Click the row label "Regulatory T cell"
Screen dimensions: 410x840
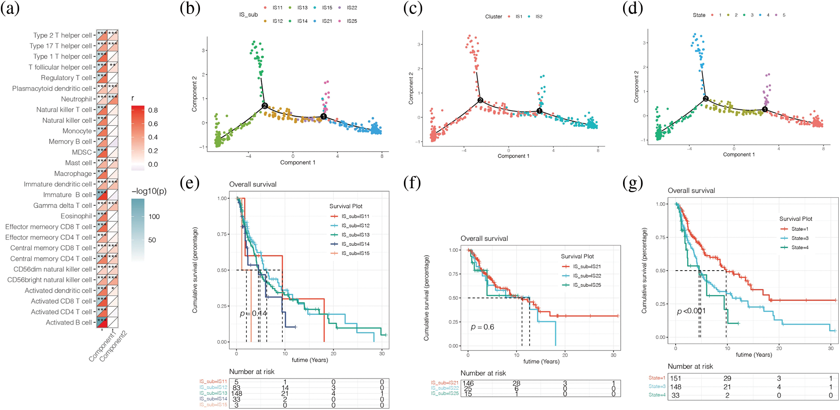pyautogui.click(x=66, y=78)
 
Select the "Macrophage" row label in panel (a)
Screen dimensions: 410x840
pyautogui.click(x=73, y=173)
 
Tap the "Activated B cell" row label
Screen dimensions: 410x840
pyautogui.click(x=69, y=322)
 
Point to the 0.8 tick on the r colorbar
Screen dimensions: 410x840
pyautogui.click(x=152, y=110)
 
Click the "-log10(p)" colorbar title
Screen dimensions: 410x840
pyautogui.click(x=149, y=191)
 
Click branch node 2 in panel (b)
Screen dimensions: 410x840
pyautogui.click(x=264, y=106)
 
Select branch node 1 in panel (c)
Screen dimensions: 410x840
pyautogui.click(x=539, y=111)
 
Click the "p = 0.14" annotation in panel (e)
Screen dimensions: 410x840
pyautogui.click(x=254, y=313)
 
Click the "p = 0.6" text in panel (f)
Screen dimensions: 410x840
pyautogui.click(x=482, y=327)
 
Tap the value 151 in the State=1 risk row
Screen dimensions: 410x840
pyautogui.click(x=675, y=378)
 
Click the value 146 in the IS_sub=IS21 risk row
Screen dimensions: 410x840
pyautogui.click(x=468, y=383)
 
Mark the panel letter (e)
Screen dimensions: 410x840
pyautogui.click(x=190, y=183)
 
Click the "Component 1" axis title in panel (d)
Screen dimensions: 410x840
pyautogui.click(x=739, y=154)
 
